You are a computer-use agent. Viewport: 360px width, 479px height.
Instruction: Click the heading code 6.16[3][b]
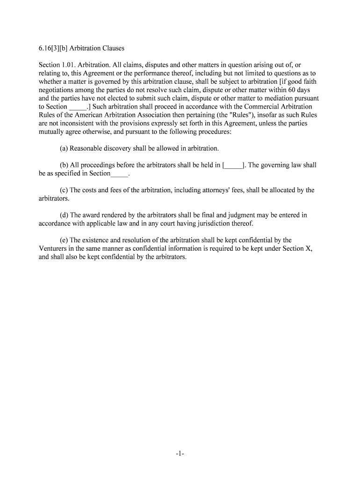pos(55,49)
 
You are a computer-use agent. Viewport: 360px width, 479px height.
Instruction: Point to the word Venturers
pos(55,249)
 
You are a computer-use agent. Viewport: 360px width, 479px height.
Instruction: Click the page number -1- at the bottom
pos(180,454)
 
